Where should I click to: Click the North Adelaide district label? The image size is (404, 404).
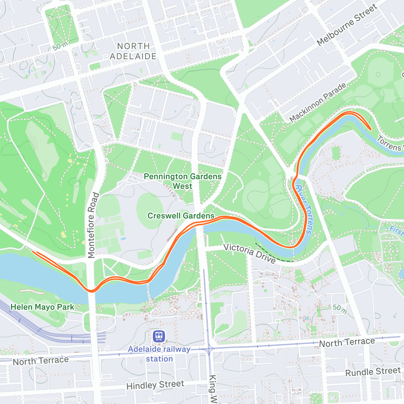coord(133,51)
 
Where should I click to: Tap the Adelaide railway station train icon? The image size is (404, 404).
coord(159,336)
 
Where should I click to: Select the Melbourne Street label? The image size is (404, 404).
coord(347,25)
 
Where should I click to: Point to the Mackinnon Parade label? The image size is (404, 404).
coord(317,103)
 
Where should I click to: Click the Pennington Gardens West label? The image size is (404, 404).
coord(182,181)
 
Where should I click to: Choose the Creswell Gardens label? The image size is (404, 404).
coord(181,216)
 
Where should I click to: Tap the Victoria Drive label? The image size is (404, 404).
coord(249,253)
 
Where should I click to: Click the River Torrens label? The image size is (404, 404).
coord(304,209)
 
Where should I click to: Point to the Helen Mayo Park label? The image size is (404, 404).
coord(42,307)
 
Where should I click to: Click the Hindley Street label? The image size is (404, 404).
coord(155,385)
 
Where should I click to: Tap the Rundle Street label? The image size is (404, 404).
coord(373,372)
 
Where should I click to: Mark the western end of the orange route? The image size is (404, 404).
coord(33,251)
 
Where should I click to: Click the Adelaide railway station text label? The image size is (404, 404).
coord(159,354)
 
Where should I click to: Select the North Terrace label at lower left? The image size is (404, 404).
coord(41,361)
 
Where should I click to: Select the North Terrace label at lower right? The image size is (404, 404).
coord(347,342)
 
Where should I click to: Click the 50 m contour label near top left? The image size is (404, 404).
coord(60,46)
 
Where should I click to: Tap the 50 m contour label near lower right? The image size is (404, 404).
coord(340,308)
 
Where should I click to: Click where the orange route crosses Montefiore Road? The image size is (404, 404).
coord(91,291)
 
